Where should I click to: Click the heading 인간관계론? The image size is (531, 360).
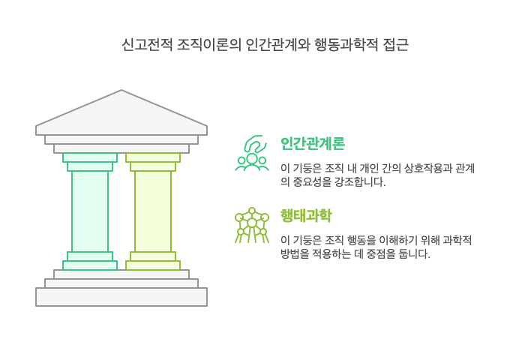[312, 143]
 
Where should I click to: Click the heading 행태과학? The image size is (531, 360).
[305, 215]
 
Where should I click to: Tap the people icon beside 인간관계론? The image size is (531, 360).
[252, 154]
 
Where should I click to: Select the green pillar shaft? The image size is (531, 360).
[90, 211]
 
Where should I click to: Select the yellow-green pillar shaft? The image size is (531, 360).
[153, 211]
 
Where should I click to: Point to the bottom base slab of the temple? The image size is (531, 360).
[121, 297]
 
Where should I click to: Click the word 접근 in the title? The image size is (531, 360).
[394, 45]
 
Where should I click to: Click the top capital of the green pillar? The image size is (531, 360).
[90, 157]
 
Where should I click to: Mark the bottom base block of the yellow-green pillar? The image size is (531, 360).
[153, 265]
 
